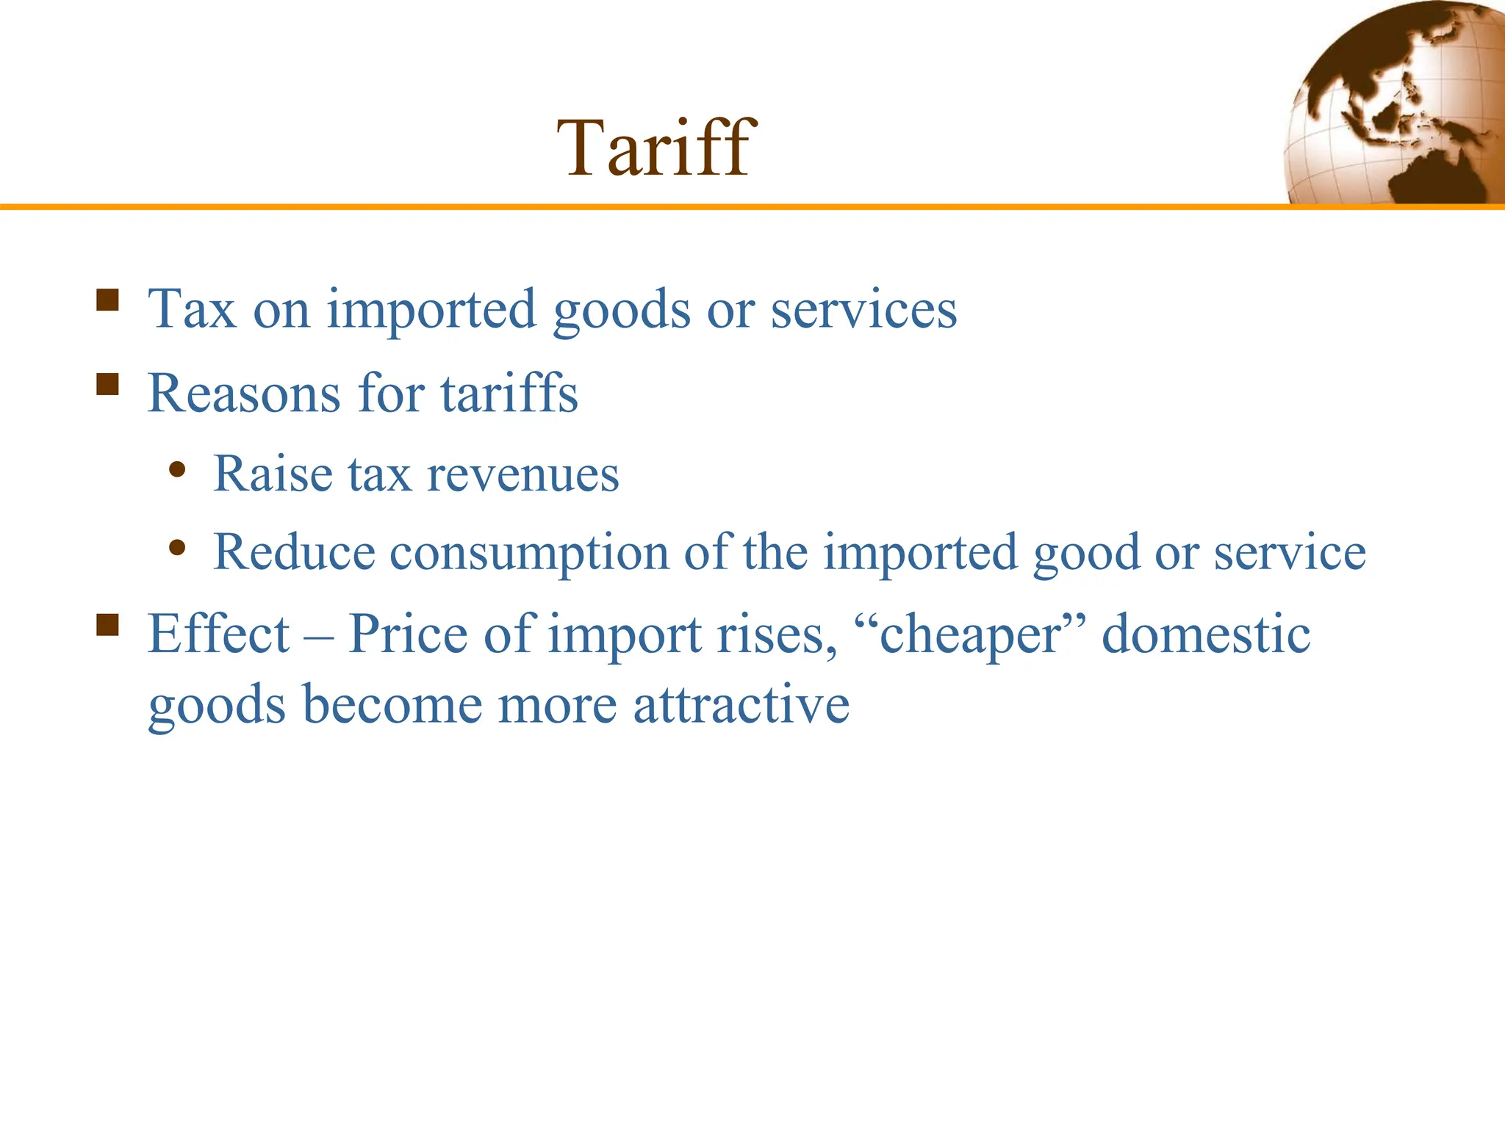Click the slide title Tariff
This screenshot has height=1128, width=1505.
pos(655,148)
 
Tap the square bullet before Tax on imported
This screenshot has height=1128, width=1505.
pos(107,300)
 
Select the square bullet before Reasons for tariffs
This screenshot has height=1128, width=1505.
pos(107,384)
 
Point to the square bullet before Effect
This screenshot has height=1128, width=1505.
pos(107,625)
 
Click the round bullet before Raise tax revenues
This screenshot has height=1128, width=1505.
pos(176,469)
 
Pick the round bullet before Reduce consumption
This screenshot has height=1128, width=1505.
pos(176,547)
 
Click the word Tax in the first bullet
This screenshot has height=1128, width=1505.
pos(192,308)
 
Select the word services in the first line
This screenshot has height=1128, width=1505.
pos(863,308)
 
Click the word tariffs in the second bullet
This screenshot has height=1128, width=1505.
pos(509,393)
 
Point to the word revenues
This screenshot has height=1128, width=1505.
pos(523,474)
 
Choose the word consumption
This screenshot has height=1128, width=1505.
pos(529,552)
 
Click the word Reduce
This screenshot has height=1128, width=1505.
pos(294,552)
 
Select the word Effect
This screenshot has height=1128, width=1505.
pos(219,633)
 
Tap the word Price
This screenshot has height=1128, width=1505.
pos(408,633)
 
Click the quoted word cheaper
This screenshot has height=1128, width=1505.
pos(970,634)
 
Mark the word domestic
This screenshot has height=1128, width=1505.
pos(1206,633)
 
